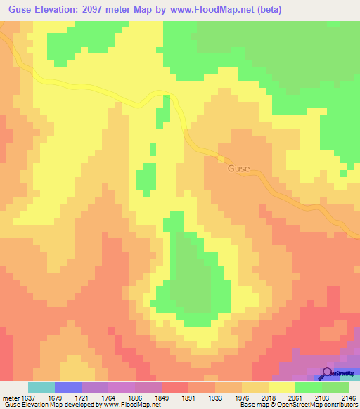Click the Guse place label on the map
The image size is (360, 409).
(x=238, y=169)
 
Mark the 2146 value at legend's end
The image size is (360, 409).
(x=349, y=397)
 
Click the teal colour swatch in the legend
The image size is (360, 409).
(x=41, y=387)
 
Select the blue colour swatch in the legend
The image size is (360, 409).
(x=68, y=387)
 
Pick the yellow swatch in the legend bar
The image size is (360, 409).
(x=282, y=387)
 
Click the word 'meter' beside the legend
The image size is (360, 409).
(x=11, y=397)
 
